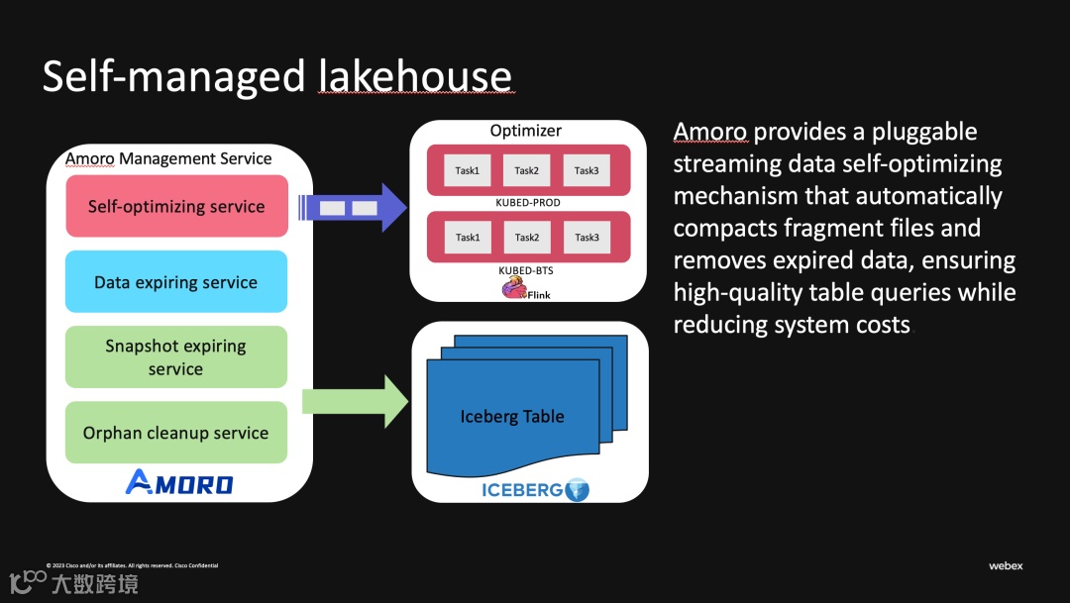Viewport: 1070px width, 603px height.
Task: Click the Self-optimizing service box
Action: pos(176,207)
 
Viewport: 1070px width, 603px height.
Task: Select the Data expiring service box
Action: pos(176,282)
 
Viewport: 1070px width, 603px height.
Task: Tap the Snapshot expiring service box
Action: pos(176,357)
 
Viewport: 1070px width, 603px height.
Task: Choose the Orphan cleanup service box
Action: pos(176,433)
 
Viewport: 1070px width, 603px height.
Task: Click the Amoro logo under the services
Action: pos(179,483)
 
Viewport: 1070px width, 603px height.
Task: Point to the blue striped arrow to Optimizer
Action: pos(352,208)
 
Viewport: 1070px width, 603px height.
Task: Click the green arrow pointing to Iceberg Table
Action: pos(355,402)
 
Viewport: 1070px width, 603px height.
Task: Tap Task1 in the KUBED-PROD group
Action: pos(467,170)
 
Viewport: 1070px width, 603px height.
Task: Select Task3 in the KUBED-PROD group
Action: pos(587,170)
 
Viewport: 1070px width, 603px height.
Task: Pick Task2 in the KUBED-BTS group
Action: pos(526,238)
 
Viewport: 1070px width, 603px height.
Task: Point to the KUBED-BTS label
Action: pos(526,268)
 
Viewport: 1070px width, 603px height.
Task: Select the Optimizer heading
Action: pos(526,131)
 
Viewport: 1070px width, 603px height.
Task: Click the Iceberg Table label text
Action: pos(512,417)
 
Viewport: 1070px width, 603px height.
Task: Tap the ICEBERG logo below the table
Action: pos(534,489)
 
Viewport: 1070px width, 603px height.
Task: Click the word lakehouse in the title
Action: pos(415,76)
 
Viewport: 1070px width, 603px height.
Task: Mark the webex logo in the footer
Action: pos(1006,566)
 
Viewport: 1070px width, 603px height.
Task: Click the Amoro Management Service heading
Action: pos(168,158)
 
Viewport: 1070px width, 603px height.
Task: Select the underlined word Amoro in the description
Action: pos(710,133)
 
